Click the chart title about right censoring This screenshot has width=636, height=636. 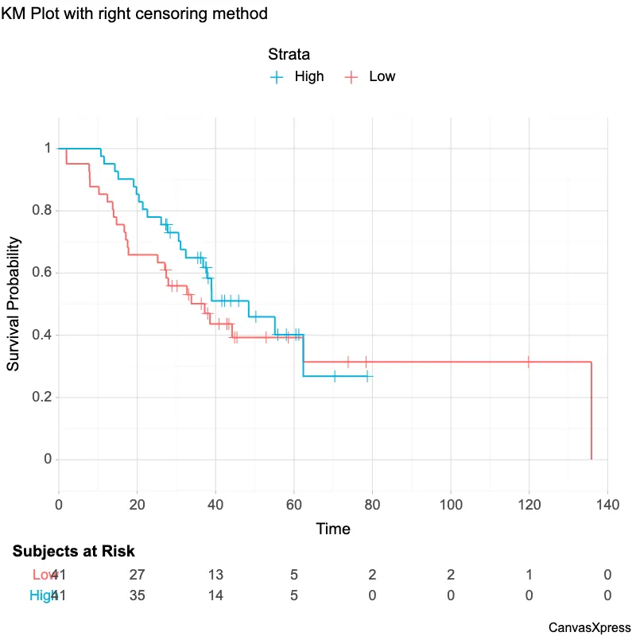pyautogui.click(x=134, y=14)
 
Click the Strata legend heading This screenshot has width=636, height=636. pyautogui.click(x=289, y=55)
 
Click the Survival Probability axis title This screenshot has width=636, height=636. pyautogui.click(x=14, y=304)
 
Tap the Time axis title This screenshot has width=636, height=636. pyautogui.click(x=333, y=529)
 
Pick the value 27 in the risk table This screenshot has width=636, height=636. pyautogui.click(x=137, y=576)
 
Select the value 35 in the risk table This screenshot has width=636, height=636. pyautogui.click(x=137, y=595)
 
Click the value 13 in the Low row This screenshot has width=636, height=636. pyautogui.click(x=215, y=576)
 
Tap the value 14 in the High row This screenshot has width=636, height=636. pyautogui.click(x=215, y=595)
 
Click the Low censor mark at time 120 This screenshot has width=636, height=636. pyautogui.click(x=529, y=362)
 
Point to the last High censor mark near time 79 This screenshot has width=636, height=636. pyautogui.click(x=367, y=376)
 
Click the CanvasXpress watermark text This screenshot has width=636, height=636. pyautogui.click(x=589, y=627)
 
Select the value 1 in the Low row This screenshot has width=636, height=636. pyautogui.click(x=529, y=576)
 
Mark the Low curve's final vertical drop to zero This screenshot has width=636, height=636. pyautogui.click(x=591, y=410)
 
